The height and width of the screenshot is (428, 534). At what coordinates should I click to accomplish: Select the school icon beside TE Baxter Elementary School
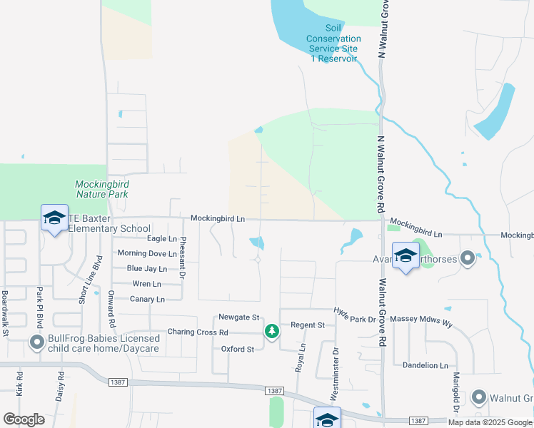pos(54,218)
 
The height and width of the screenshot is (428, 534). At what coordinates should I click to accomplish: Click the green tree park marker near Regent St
pos(271,330)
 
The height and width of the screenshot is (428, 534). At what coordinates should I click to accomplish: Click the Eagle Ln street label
pos(161,239)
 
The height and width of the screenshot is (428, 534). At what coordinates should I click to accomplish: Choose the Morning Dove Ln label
pos(147,254)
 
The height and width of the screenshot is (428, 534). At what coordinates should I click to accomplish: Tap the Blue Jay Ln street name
pos(146,269)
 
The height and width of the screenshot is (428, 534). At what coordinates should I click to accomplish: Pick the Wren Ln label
pos(147,284)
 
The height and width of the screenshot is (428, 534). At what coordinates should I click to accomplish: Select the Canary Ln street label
pos(148,299)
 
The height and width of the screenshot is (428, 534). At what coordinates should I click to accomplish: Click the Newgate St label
pos(238,317)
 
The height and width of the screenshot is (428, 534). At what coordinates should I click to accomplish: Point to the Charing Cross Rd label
pos(198,332)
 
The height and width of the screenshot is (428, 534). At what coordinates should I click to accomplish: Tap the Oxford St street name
pos(238,349)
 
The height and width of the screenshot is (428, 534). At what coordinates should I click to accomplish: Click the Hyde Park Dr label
pos(355,315)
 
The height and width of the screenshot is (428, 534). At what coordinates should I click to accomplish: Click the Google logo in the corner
pos(24,419)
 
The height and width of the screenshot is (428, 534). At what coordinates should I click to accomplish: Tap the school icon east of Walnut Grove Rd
pos(405,256)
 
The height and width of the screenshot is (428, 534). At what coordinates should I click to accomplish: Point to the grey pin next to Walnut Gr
pos(479,397)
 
